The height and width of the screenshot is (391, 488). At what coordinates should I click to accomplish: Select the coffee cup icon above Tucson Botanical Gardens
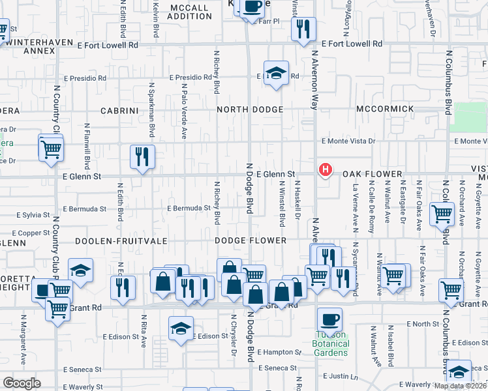coord(329,319)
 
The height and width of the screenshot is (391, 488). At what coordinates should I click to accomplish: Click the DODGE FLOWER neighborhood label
coord(251,240)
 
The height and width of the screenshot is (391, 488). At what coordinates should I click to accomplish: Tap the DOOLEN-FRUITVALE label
coord(120,240)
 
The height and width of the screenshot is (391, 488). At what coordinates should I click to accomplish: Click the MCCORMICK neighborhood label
coord(385,108)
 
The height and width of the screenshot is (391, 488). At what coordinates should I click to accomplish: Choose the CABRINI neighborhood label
coord(119,111)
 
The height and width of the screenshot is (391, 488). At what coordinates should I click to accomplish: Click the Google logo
coord(22,383)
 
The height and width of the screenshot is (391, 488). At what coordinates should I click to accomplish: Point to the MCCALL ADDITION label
coord(189,12)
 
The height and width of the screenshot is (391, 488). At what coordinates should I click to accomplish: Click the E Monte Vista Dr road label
coord(348,141)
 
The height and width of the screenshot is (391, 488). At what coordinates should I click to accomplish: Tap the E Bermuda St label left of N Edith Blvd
coord(85,209)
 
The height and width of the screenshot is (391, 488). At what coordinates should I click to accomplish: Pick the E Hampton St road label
coord(279,352)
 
